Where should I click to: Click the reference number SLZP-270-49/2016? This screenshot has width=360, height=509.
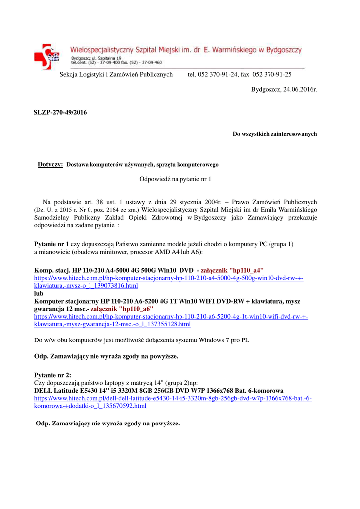point(60,113)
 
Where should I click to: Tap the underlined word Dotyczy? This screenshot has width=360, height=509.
point(50,165)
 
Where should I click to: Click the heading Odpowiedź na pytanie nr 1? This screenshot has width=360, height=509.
point(175,178)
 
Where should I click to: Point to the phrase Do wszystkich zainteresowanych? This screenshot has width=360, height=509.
point(274,134)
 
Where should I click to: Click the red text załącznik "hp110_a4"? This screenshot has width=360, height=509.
point(232,270)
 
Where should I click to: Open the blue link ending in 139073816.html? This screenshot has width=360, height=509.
point(86,286)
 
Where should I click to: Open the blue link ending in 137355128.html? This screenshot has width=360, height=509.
point(112,324)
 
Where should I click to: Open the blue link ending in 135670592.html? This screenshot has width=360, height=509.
point(90,406)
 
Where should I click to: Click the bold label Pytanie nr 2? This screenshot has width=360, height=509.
point(53,375)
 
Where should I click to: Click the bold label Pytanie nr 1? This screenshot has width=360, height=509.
point(51,244)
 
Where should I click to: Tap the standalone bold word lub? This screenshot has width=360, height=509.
point(39,294)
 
